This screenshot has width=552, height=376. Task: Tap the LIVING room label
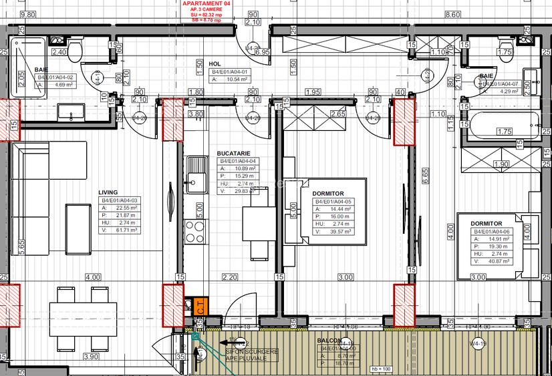tap(108, 191)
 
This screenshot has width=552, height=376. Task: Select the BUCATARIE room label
tap(233, 153)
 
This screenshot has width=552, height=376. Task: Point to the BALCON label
tap(329, 341)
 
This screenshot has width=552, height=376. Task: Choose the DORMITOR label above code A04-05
tap(328, 194)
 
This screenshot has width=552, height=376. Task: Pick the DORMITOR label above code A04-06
tap(487, 224)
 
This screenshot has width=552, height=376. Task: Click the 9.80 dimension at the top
tap(27, 14)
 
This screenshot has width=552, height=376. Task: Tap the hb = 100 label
tap(381, 368)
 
